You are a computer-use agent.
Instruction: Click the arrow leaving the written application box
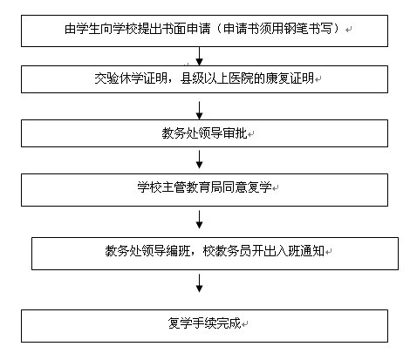tap(199, 57)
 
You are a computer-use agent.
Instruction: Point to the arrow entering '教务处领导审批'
tap(199, 111)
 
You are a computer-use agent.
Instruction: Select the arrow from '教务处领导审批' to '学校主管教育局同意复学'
tap(199, 160)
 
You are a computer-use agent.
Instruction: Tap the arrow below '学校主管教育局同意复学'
tap(199, 220)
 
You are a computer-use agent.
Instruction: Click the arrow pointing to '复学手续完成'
tap(199, 283)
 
